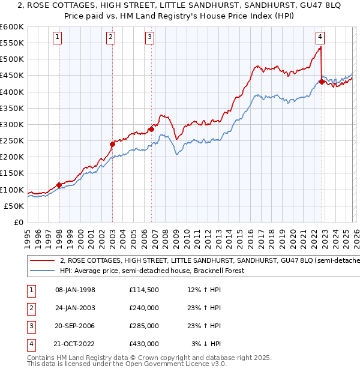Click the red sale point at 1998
click(x=59, y=185)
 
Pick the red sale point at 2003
click(x=112, y=144)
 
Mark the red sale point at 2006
click(x=151, y=129)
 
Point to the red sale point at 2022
click(x=322, y=82)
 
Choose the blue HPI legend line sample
click(x=43, y=271)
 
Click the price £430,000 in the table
click(x=143, y=344)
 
